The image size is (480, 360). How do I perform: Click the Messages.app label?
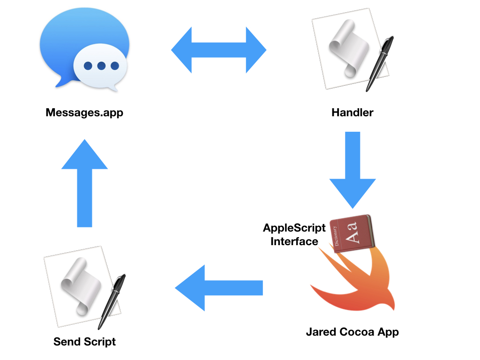(x=84, y=113)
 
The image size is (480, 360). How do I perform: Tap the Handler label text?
(x=352, y=113)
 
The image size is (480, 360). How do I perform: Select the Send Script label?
(x=84, y=341)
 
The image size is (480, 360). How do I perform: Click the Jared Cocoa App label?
(x=352, y=332)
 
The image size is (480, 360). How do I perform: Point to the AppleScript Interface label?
(x=294, y=234)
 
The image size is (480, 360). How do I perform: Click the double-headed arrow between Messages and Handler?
(x=218, y=50)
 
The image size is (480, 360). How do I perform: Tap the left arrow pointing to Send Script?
(x=218, y=288)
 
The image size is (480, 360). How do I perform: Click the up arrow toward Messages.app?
(x=85, y=183)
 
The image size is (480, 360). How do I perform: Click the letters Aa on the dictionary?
(x=355, y=233)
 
